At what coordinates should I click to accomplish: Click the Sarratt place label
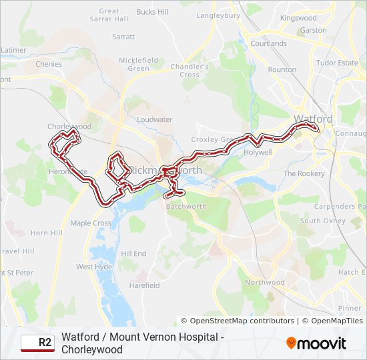[124, 37]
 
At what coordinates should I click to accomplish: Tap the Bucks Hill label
[152, 12]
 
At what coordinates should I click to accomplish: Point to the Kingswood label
[298, 18]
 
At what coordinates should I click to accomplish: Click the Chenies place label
[49, 65]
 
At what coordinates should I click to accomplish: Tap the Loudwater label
[154, 120]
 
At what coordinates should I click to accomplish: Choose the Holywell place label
[258, 152]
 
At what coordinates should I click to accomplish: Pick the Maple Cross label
[91, 223]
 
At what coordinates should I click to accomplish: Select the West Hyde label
[94, 267]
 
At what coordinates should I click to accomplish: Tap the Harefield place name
[145, 285]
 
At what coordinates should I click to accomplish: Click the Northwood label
[265, 283]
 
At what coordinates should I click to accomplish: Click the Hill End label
[133, 254]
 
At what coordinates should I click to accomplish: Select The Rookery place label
[304, 173]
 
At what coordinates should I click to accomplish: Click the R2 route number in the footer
[45, 343]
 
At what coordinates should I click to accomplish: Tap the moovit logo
[316, 343]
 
